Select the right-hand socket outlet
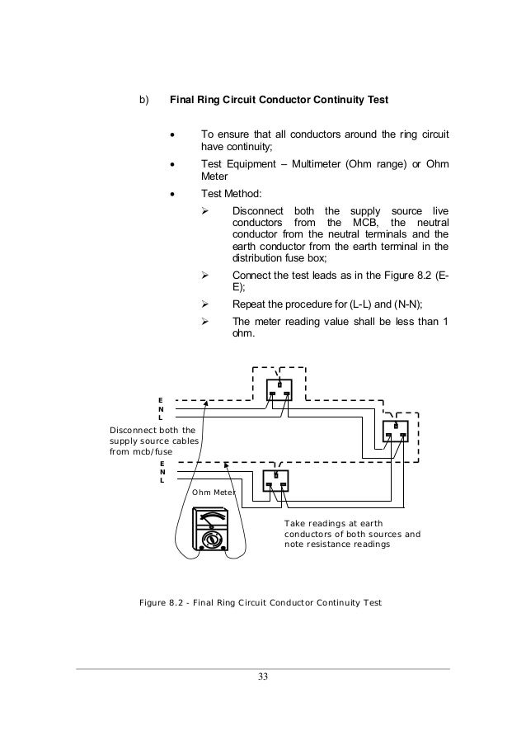[396, 431]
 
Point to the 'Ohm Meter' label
[213, 493]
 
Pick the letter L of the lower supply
[162, 480]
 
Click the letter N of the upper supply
[162, 409]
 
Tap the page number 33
[262, 677]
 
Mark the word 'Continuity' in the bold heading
[341, 101]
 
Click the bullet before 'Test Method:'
[172, 196]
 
